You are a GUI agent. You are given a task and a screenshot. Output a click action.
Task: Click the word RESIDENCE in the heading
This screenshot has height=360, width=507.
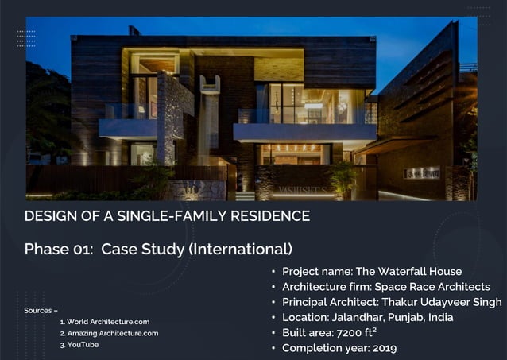pos(267,216)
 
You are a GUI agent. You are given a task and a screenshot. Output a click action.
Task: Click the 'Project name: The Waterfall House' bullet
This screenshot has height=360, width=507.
pos(371,271)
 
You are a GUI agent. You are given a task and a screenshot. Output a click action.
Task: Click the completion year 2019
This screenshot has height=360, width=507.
pos(383,347)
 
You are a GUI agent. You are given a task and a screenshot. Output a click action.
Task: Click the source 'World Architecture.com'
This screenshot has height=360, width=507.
pos(108,322)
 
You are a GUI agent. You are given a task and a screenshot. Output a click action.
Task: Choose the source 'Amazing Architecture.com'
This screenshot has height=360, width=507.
pos(112,333)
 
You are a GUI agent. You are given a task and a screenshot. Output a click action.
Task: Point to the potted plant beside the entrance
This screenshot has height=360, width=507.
pos(343,179)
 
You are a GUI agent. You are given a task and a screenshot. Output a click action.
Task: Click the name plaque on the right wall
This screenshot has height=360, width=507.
pos(421,172)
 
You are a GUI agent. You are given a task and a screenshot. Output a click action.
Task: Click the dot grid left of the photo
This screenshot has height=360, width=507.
pos(26,38)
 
